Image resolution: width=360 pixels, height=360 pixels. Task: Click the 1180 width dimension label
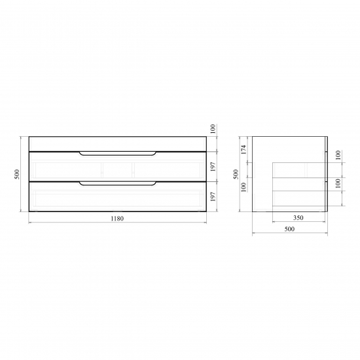pyautogui.click(x=117, y=219)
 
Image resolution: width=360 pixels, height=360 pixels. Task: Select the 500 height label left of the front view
pyautogui.click(x=17, y=174)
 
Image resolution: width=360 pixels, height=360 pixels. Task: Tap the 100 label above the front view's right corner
pyautogui.click(x=213, y=129)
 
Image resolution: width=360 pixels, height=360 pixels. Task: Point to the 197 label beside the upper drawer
pyautogui.click(x=213, y=167)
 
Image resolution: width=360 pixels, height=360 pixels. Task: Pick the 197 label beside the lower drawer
pyautogui.click(x=213, y=197)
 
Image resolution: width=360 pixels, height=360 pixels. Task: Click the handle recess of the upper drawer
pyautogui.click(x=118, y=154)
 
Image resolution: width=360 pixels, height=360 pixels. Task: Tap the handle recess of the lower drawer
pyautogui.click(x=118, y=183)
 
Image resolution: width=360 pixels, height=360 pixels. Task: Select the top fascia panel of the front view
pyautogui.click(x=118, y=144)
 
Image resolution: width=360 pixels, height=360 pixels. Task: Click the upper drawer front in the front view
pyautogui.click(x=118, y=166)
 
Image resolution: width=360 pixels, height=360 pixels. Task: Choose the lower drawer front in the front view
pyautogui.click(x=118, y=196)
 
